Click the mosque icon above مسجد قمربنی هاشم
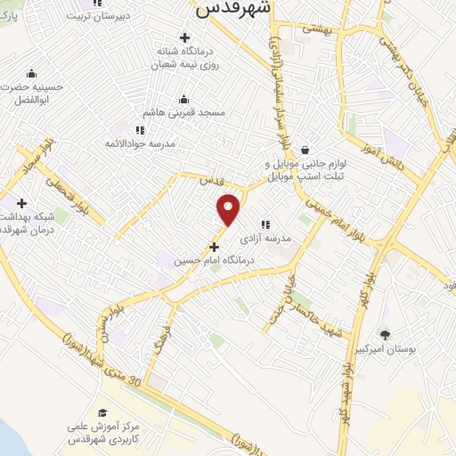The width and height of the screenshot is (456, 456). click(184, 98)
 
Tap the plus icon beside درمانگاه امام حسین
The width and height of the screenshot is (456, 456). click(213, 247)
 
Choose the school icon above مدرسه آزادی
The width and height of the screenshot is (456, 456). click(265, 224)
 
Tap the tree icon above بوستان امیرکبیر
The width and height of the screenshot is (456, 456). click(385, 335)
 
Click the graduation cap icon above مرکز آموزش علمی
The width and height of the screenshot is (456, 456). click(102, 412)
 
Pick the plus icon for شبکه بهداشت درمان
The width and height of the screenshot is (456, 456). click(21, 203)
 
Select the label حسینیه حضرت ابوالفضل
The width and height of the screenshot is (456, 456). click(33, 94)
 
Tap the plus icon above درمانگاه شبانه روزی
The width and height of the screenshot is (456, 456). click(184, 37)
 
